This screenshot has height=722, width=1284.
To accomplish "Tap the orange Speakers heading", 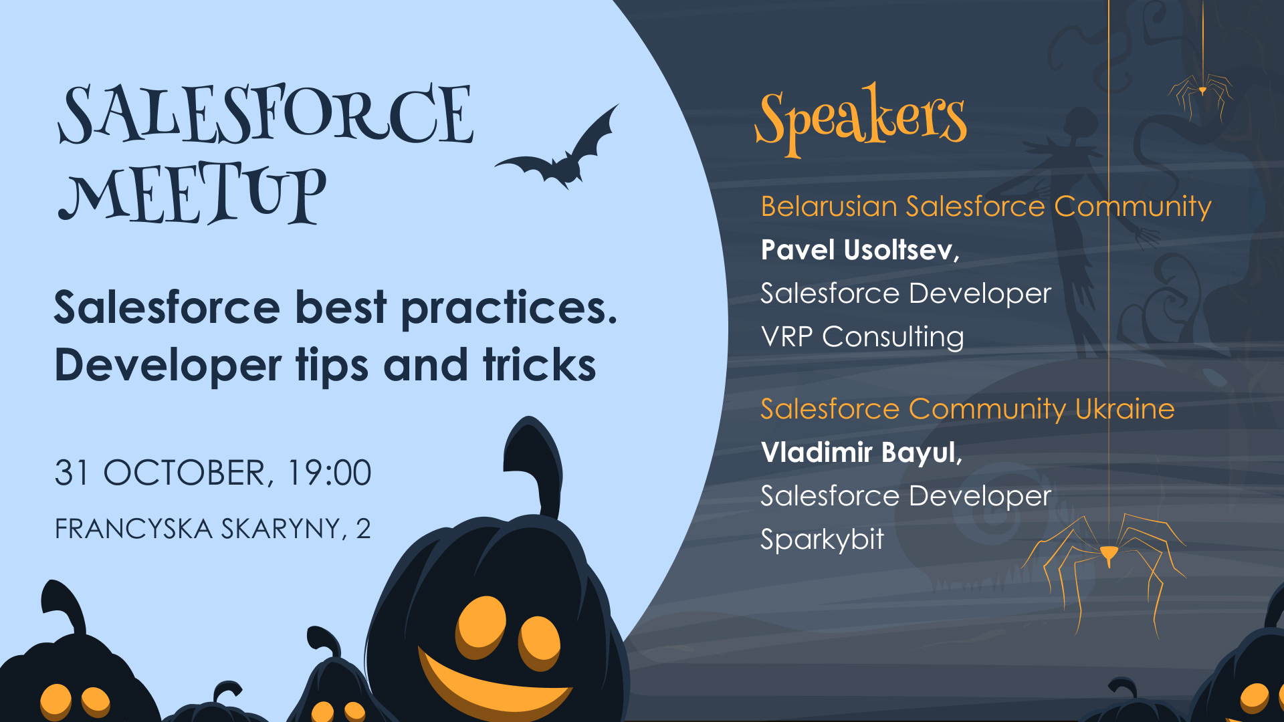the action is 861,119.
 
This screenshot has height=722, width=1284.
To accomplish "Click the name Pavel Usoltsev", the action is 860,250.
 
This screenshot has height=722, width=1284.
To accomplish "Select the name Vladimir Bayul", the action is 861,453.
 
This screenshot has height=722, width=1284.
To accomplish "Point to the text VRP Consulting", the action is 862,337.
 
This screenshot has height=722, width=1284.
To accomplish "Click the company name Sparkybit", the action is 822,540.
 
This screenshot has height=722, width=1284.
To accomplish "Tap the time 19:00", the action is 328,473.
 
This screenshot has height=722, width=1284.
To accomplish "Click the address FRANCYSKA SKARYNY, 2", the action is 213,529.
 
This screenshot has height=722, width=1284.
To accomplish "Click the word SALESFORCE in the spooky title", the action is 266,114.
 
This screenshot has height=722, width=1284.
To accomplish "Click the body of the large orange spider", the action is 1109,554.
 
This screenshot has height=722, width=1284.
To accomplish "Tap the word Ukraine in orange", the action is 1125,409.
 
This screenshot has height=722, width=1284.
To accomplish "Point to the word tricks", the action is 539,365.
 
